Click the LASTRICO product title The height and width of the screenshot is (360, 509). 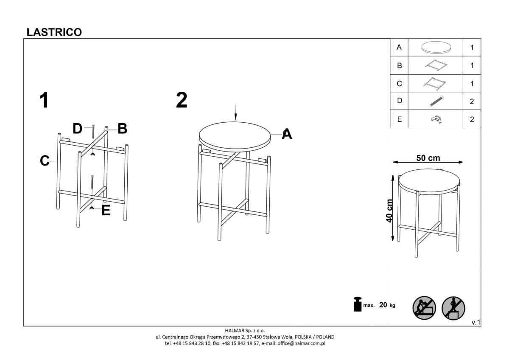click(x=54, y=32)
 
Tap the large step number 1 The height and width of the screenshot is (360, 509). click(x=44, y=100)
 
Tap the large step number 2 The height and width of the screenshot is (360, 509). click(x=182, y=100)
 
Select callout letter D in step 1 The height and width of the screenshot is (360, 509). click(x=77, y=129)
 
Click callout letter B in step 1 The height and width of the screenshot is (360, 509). click(x=122, y=129)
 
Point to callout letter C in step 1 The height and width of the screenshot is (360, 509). click(x=45, y=160)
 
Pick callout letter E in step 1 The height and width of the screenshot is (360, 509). click(x=106, y=211)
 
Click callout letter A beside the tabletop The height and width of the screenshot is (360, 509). click(x=287, y=134)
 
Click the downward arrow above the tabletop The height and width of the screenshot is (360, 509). click(x=236, y=112)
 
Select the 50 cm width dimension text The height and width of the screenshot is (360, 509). click(x=428, y=158)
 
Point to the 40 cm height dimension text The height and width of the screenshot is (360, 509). click(x=389, y=211)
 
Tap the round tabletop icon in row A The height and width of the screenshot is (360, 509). click(x=436, y=48)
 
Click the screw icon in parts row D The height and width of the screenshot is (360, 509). click(x=436, y=101)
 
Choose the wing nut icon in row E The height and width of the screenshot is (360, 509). click(x=436, y=119)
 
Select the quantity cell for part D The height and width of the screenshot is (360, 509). click(x=472, y=101)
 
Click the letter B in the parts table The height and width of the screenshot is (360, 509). click(x=399, y=65)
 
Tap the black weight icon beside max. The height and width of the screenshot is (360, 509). click(x=358, y=304)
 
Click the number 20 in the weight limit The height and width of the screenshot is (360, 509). click(x=383, y=305)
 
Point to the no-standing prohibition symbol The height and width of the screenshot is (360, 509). click(x=453, y=308)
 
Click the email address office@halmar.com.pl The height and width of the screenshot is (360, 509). click(x=301, y=343)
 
